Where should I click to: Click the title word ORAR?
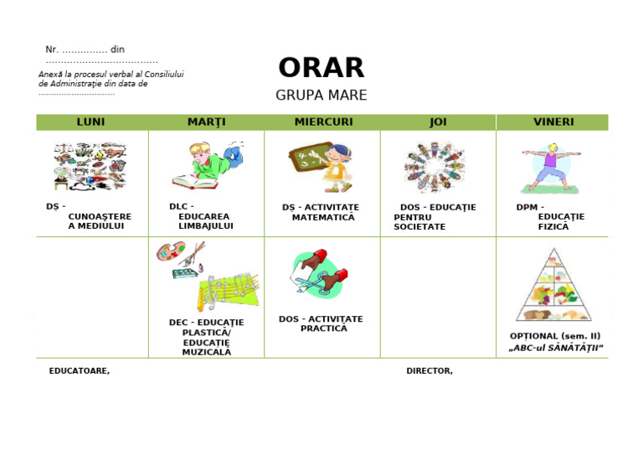click(321, 68)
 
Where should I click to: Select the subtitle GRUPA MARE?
click(321, 96)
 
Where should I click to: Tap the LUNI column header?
click(91, 122)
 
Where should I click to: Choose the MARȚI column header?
click(206, 122)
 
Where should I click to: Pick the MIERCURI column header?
click(323, 122)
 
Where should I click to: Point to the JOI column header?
click(438, 122)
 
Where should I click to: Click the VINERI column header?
click(553, 122)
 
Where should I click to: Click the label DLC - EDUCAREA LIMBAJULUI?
click(201, 216)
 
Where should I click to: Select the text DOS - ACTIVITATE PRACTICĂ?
click(321, 323)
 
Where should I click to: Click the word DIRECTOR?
click(429, 371)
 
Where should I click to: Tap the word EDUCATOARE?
click(79, 371)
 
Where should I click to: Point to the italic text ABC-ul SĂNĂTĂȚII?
click(556, 348)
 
